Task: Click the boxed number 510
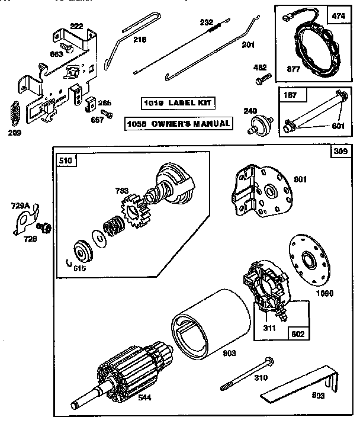point(65,159)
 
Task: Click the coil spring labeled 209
point(15,114)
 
